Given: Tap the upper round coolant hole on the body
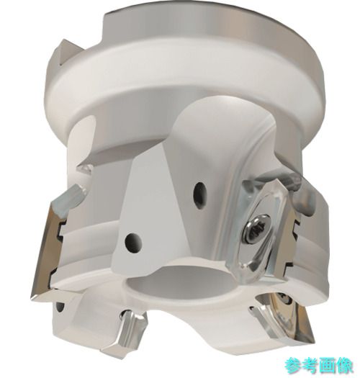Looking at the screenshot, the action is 200,195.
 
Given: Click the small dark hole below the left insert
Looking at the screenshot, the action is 60,308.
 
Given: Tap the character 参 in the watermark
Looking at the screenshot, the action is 293,366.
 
